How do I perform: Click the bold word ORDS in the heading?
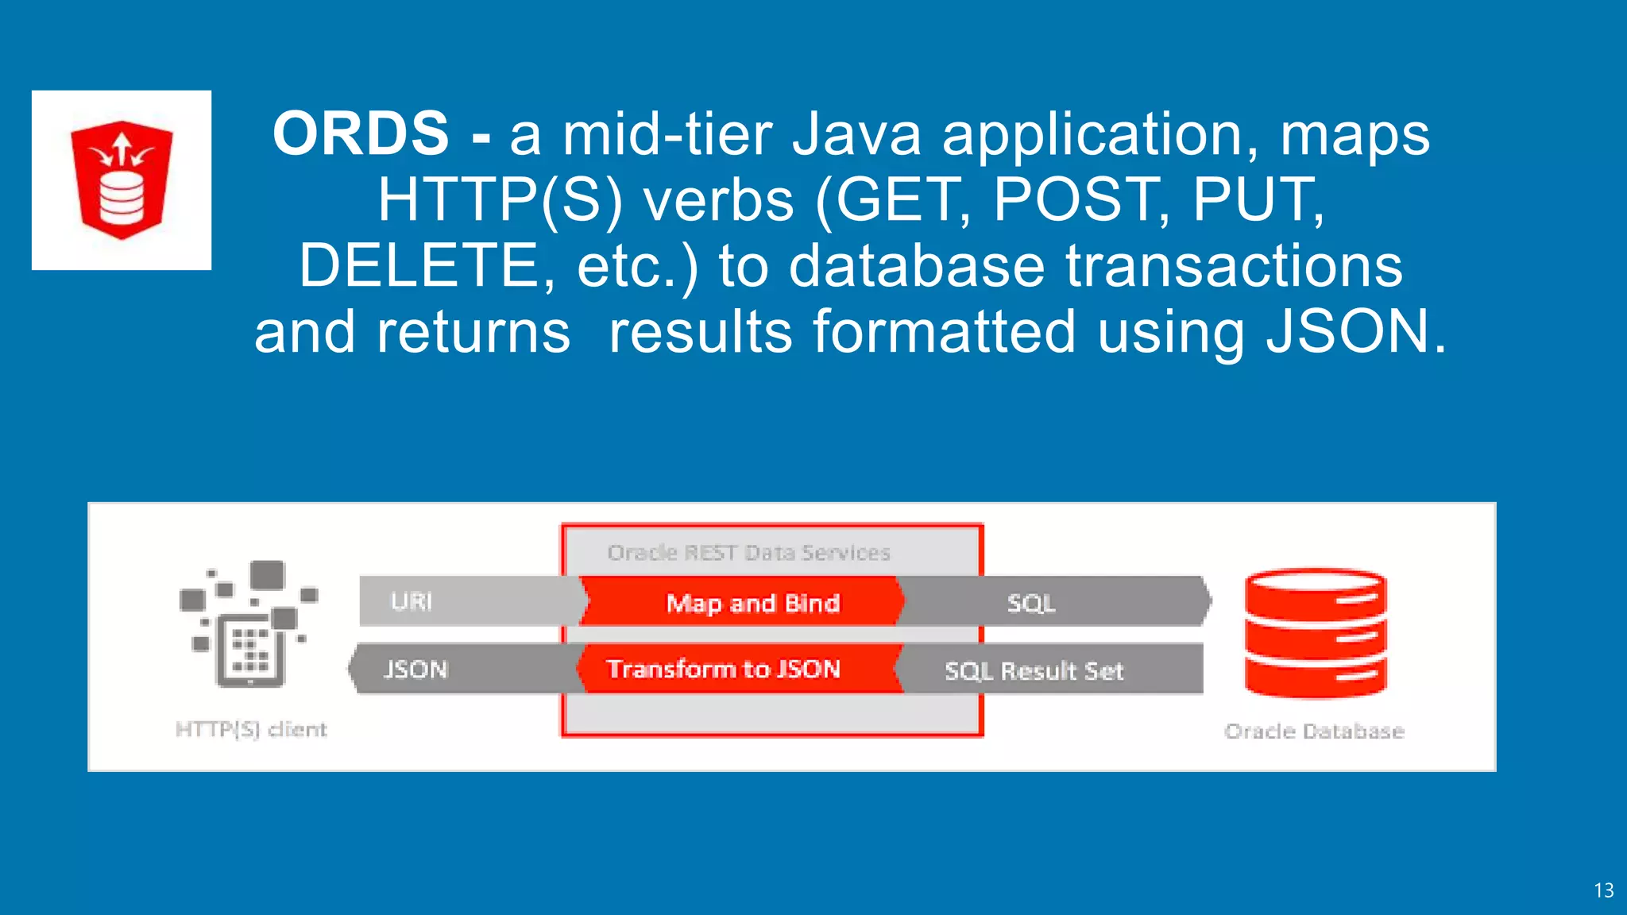361,133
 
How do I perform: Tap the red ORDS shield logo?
122,180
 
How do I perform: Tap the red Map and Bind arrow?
752,603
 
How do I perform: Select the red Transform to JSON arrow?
723,669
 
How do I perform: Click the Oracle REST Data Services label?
748,552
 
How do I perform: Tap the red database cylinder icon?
1316,633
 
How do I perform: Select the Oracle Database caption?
1314,731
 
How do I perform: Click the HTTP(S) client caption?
251,729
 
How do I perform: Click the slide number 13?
1603,890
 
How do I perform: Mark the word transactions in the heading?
1234,265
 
